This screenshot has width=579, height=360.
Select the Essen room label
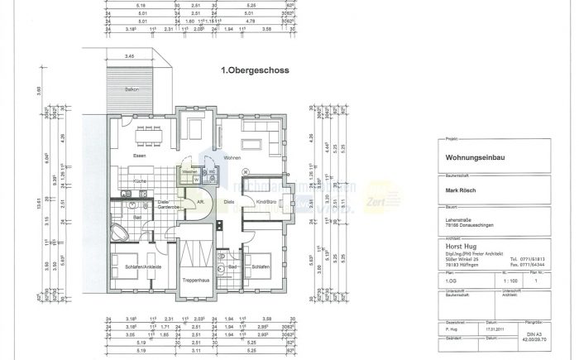coord(141,156)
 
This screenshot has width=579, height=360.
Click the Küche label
coord(140,180)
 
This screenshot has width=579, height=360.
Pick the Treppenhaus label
coord(196,282)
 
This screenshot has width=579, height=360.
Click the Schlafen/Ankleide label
coord(142,268)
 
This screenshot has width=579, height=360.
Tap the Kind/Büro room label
coord(266,201)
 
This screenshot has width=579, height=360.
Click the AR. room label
coord(199,201)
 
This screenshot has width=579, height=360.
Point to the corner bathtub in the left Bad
coord(119,231)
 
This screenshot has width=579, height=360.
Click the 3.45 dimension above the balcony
coord(130,55)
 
